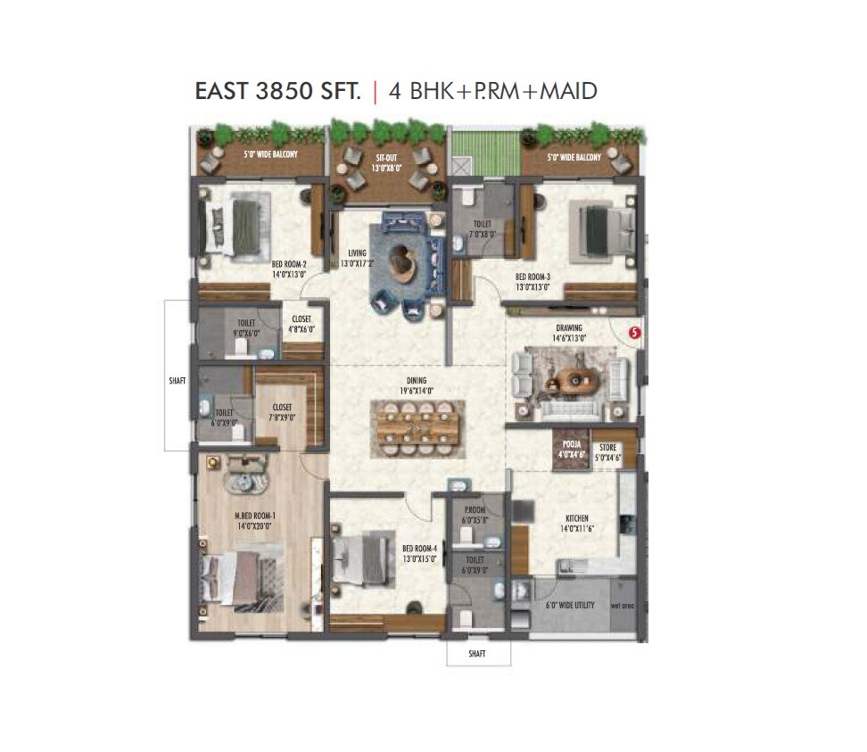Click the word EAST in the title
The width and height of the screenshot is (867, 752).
[224, 91]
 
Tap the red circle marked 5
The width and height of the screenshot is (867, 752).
[635, 332]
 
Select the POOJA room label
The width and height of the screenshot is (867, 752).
[571, 445]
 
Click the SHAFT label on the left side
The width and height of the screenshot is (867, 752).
[178, 381]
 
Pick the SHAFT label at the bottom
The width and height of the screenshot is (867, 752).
[478, 654]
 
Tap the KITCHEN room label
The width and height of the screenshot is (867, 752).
[576, 517]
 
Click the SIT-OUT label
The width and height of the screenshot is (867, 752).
[385, 157]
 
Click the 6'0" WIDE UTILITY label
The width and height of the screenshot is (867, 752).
[570, 606]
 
